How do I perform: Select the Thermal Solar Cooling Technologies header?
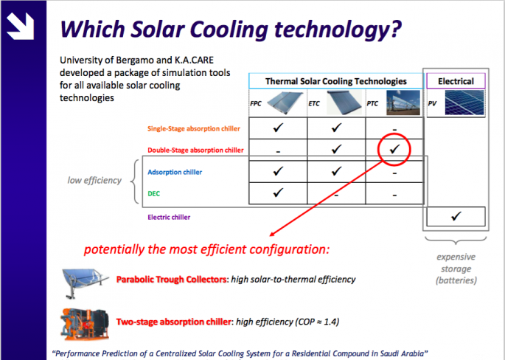(335, 81)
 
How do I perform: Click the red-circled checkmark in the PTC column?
(394, 150)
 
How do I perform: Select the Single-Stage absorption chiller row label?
(194, 128)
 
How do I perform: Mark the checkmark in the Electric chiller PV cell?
(455, 216)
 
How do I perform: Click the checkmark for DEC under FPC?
(277, 194)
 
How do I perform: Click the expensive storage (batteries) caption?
(455, 269)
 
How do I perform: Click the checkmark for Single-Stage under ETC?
(336, 128)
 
